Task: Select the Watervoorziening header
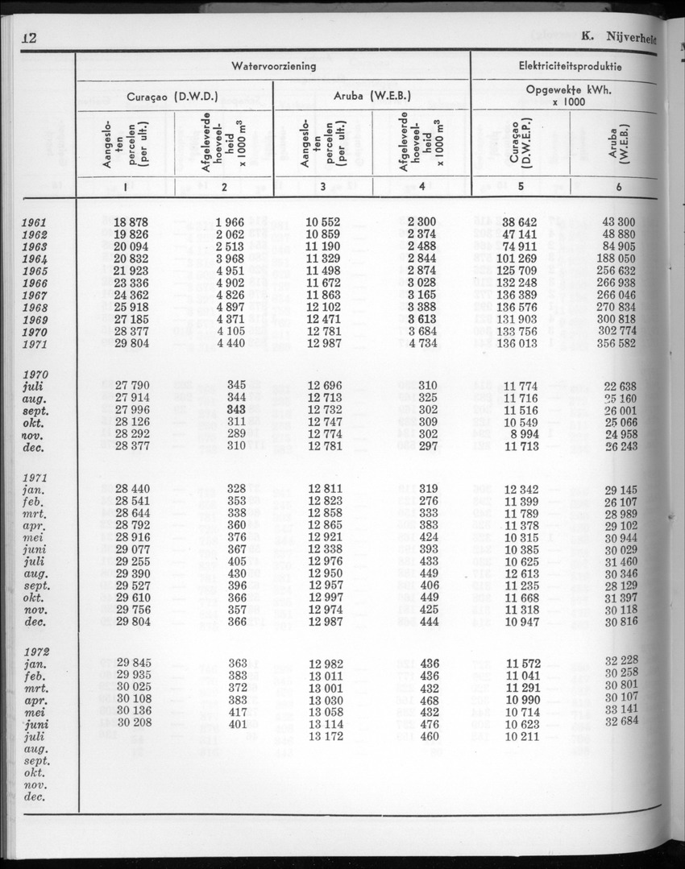[x=273, y=67]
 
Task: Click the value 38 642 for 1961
[x=520, y=222]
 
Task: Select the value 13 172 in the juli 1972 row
[x=325, y=736]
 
